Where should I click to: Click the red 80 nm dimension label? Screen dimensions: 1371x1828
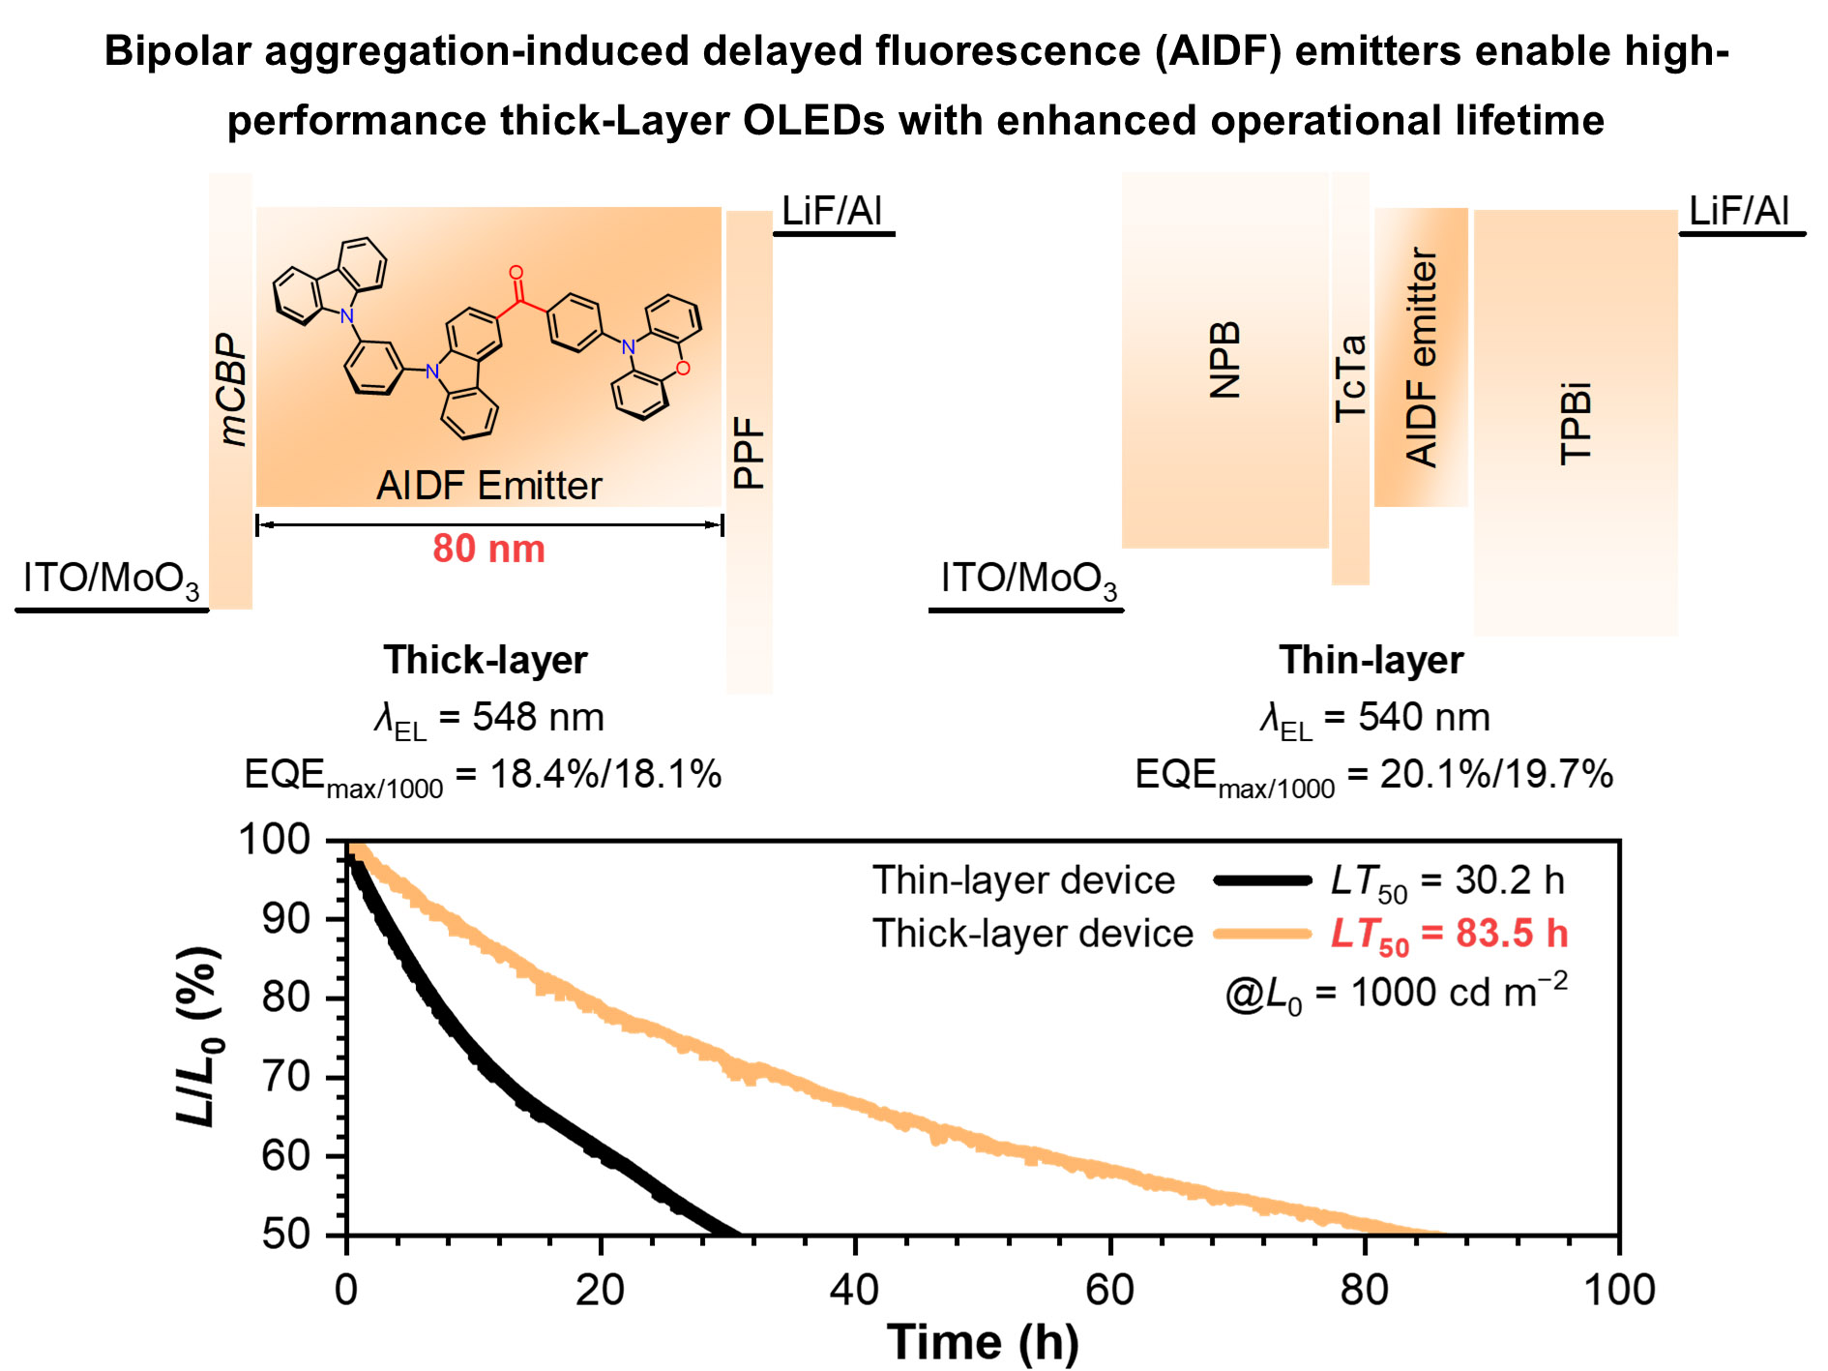point(488,549)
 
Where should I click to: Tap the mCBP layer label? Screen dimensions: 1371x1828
point(232,389)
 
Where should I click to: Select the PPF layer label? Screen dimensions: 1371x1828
point(750,452)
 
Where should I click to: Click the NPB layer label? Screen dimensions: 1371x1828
point(1225,360)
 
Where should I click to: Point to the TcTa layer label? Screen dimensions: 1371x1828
point(1350,378)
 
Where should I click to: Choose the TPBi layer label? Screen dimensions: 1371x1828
point(1576,424)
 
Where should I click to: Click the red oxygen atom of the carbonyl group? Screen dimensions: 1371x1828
point(516,273)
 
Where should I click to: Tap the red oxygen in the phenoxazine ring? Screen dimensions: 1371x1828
point(684,369)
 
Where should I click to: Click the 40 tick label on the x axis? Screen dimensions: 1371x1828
point(855,1290)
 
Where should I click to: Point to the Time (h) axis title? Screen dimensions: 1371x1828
point(983,1342)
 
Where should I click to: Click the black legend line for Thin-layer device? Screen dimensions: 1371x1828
point(1262,880)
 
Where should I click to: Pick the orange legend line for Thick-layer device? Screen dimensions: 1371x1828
point(1262,934)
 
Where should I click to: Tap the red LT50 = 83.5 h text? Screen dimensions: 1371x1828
point(1449,935)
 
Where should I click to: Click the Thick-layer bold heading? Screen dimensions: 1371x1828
point(486,660)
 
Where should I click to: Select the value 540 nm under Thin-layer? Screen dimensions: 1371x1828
point(1424,717)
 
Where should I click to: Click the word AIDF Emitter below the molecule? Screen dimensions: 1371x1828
point(488,486)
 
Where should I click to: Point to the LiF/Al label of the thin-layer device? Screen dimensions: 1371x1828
point(1738,211)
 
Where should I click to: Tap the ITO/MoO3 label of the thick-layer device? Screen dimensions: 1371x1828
point(111,580)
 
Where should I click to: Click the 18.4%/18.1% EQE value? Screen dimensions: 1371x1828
point(605,774)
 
